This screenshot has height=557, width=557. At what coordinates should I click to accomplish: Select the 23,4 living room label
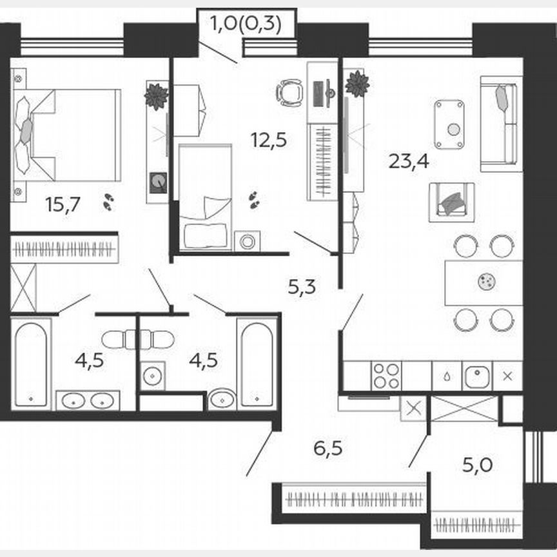(409, 161)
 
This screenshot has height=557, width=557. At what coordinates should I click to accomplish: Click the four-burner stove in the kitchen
(386, 376)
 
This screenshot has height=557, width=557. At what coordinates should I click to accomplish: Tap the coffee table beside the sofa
(449, 124)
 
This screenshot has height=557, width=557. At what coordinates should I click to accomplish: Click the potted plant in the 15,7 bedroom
(156, 97)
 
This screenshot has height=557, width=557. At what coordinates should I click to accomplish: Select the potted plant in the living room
(357, 84)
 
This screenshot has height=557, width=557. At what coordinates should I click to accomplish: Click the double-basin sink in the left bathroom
(88, 400)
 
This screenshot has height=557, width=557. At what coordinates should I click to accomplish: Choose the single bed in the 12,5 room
(205, 197)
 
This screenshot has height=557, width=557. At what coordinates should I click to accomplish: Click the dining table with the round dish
(484, 282)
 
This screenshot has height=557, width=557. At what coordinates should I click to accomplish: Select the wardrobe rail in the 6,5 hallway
(353, 498)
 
